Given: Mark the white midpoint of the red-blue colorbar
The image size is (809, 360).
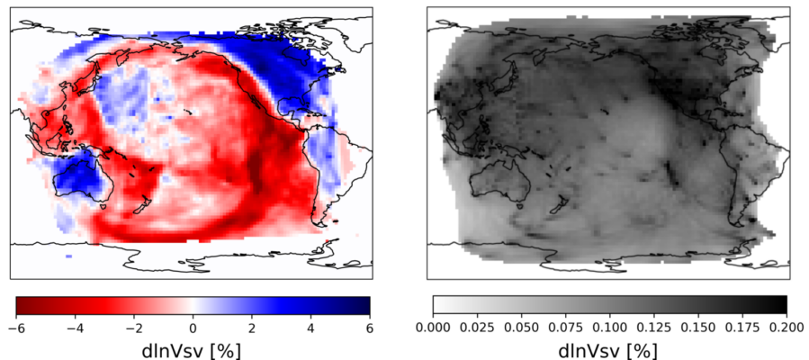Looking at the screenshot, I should [192, 306].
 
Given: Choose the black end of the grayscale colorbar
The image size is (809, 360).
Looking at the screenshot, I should [782, 305].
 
